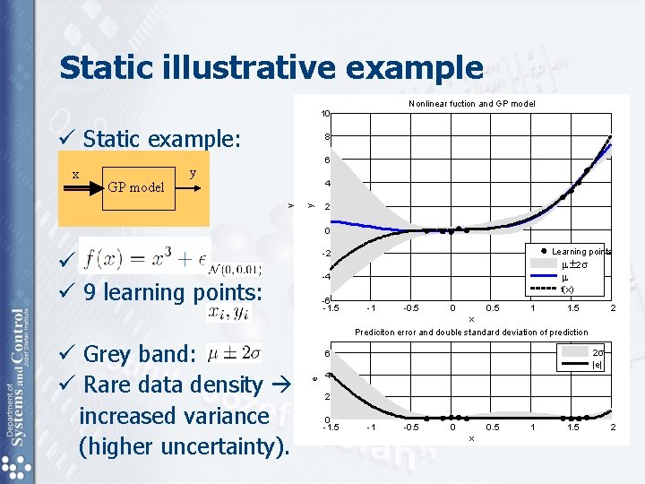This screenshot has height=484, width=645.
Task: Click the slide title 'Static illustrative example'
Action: click(x=271, y=67)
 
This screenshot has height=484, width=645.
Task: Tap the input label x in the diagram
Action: click(x=75, y=175)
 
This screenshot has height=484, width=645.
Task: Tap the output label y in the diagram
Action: click(x=193, y=172)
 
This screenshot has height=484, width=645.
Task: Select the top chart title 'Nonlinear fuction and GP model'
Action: click(x=471, y=104)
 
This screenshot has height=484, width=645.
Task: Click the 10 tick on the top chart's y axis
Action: click(x=327, y=114)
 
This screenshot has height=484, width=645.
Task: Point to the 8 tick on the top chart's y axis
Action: click(x=329, y=137)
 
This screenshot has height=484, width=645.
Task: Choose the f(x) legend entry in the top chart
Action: click(x=567, y=289)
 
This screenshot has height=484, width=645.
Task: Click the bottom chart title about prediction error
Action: click(x=471, y=332)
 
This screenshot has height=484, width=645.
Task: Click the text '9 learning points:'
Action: click(x=172, y=292)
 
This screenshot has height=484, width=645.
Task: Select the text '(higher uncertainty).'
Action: click(x=185, y=446)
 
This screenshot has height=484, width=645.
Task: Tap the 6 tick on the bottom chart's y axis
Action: click(x=328, y=351)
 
